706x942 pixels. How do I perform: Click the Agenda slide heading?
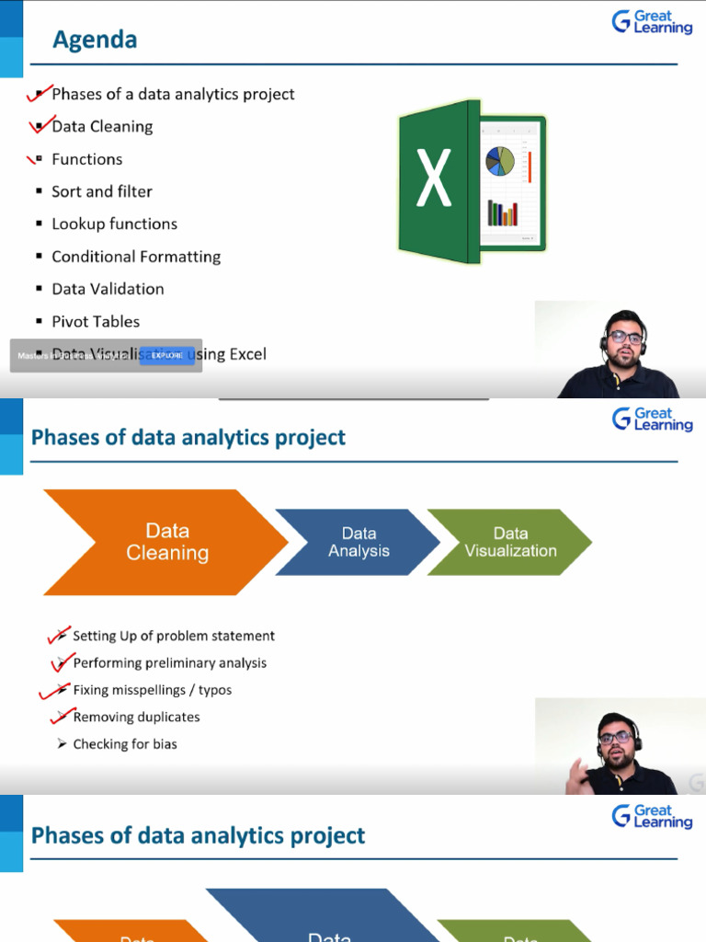click(95, 40)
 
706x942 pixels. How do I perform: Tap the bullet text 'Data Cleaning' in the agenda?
click(102, 127)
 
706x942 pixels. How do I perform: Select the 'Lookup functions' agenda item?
click(114, 224)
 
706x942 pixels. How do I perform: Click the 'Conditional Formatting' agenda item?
click(136, 257)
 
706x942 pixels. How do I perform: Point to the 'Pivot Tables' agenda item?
click(96, 321)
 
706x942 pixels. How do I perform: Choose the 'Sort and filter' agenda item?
click(101, 191)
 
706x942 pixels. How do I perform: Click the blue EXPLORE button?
click(166, 355)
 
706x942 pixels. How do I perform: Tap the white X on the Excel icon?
click(433, 178)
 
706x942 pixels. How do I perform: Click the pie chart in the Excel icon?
click(501, 161)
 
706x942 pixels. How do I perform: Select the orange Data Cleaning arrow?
click(165, 542)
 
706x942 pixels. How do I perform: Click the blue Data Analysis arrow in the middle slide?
click(359, 543)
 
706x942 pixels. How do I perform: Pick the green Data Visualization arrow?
click(510, 542)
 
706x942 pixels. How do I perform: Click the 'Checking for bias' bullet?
click(125, 743)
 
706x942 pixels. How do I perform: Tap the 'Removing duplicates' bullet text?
click(136, 717)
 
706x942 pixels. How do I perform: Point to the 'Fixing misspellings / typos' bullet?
click(152, 690)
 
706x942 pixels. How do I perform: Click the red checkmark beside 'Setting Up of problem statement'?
click(58, 635)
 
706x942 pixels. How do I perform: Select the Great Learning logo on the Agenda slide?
click(653, 21)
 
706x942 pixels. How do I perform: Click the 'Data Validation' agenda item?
click(108, 289)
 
